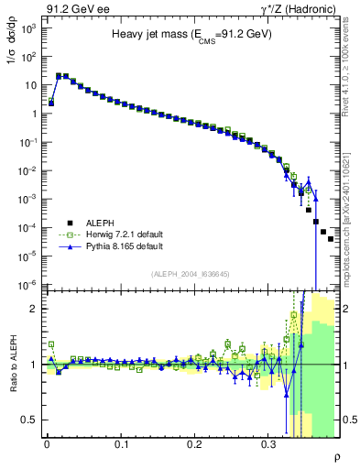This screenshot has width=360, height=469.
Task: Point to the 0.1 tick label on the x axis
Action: [x=121, y=443]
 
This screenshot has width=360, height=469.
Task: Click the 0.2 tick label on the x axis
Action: [x=194, y=443]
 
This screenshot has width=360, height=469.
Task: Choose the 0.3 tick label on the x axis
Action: [x=268, y=443]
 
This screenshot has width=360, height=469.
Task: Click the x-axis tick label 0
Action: [x=47, y=443]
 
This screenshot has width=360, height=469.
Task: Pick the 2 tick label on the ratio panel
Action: [x=34, y=309]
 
